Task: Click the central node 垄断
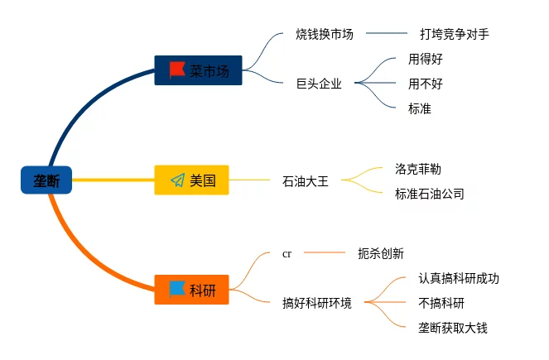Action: click(46, 180)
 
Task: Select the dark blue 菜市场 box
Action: click(198, 70)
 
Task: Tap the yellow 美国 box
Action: click(191, 180)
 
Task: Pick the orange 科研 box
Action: click(191, 290)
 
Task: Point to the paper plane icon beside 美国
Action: click(177, 180)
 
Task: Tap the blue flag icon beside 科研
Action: click(177, 289)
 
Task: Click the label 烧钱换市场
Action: click(325, 35)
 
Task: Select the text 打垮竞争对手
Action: click(454, 35)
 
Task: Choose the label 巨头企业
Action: click(319, 83)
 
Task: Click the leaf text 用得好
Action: click(425, 60)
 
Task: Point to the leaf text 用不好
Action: click(425, 84)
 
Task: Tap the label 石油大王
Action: click(306, 180)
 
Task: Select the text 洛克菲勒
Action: click(418, 169)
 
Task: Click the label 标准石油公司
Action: click(430, 194)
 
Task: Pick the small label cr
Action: click(287, 254)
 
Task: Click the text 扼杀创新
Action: click(380, 254)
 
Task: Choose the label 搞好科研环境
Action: click(317, 303)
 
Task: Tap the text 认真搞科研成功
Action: click(459, 279)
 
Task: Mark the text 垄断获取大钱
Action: click(453, 328)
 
